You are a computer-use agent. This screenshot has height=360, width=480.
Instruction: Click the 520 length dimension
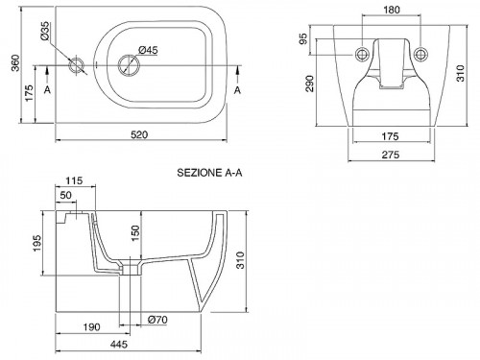click(139, 134)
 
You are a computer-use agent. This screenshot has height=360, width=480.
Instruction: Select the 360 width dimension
click(15, 62)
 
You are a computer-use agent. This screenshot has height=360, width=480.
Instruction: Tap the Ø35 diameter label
click(45, 31)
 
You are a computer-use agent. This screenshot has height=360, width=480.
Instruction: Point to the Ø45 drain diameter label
click(148, 50)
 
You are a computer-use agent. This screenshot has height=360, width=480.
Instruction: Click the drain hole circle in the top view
click(129, 64)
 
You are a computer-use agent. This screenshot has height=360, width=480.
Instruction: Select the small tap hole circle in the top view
click(77, 65)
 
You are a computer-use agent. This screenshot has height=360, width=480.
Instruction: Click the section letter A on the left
click(47, 90)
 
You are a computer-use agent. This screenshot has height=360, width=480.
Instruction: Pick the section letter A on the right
click(237, 90)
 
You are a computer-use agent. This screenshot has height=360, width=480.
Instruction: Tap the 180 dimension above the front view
click(392, 10)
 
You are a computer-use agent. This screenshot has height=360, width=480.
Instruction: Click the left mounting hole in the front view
click(362, 55)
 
